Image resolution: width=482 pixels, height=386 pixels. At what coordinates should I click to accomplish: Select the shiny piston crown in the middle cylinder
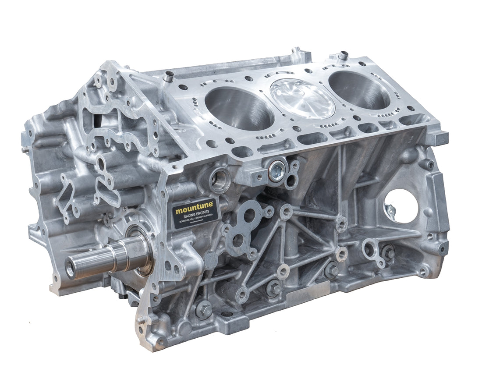302,98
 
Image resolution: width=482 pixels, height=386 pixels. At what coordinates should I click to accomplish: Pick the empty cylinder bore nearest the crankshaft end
239,107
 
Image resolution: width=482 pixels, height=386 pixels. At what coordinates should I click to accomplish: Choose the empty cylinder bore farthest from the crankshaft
359,89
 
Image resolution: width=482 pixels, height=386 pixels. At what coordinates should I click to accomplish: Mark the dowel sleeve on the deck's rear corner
343,56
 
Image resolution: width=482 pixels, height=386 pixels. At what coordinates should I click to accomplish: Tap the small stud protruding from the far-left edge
24,149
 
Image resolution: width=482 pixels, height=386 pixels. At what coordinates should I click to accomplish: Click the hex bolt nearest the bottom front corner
203,309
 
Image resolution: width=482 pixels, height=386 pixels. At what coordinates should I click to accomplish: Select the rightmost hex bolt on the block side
387,252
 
